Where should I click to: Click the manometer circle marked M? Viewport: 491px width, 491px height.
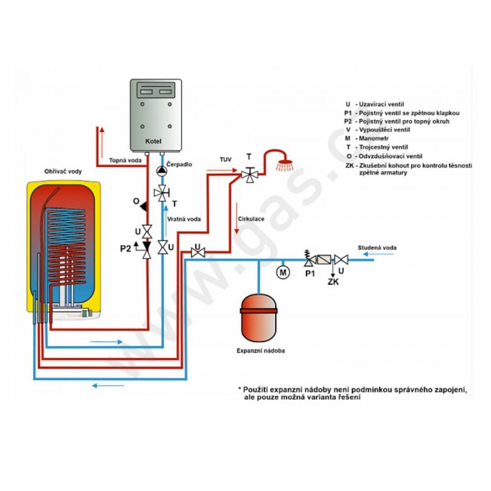click(x=284, y=270)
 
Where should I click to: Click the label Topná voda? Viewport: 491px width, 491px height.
click(x=125, y=160)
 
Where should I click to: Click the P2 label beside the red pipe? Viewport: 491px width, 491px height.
click(x=125, y=247)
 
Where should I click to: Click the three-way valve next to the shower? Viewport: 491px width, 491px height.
click(x=248, y=175)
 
